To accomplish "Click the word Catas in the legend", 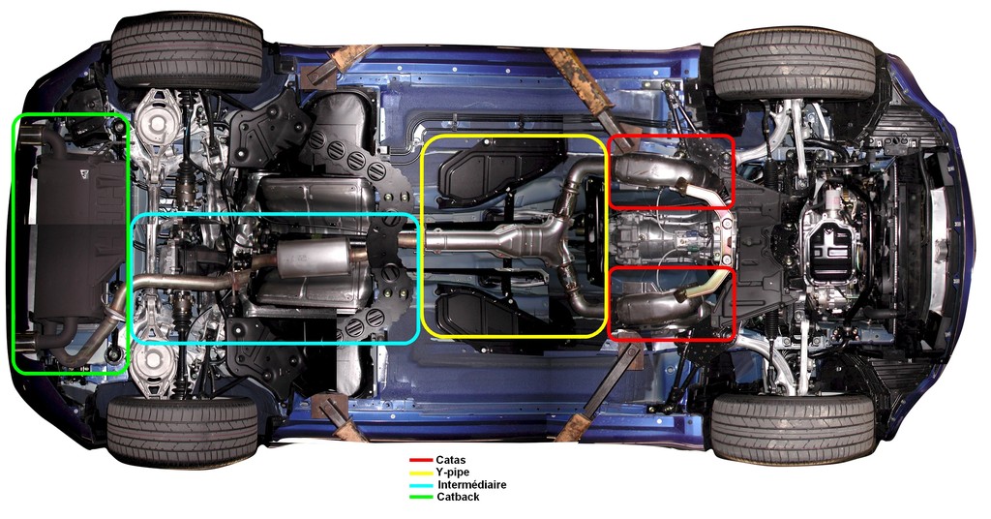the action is pyautogui.click(x=450, y=460).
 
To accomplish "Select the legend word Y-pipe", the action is pyautogui.click(x=453, y=473).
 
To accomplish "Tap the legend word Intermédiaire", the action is pyautogui.click(x=472, y=485).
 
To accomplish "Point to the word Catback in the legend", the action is pyautogui.click(x=458, y=497).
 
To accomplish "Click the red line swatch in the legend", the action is pyautogui.click(x=420, y=461).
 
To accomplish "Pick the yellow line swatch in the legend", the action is pyautogui.click(x=420, y=473).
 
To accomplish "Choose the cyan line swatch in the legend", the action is pyautogui.click(x=420, y=485).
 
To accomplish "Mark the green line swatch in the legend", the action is pyautogui.click(x=420, y=497).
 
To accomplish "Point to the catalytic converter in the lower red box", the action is pyautogui.click(x=657, y=308).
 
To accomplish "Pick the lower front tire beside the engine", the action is pyautogui.click(x=794, y=427).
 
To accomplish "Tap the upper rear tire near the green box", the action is pyautogui.click(x=187, y=54).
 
